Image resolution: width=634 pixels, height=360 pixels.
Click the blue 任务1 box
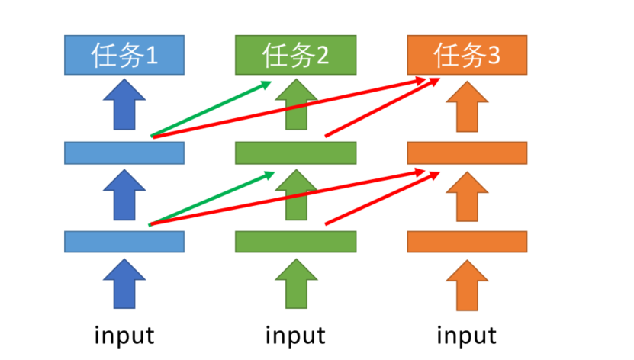click(124, 55)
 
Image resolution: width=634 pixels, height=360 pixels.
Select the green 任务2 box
click(295, 55)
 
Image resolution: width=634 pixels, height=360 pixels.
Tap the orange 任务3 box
click(467, 55)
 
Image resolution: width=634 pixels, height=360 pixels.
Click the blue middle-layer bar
click(124, 153)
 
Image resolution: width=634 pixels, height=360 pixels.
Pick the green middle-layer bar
click(295, 153)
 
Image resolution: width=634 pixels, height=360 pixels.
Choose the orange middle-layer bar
click(467, 153)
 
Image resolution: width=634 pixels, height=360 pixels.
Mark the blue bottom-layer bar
click(124, 241)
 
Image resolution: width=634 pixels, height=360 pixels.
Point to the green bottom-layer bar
click(295, 241)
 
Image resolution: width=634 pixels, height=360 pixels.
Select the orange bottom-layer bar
click(467, 241)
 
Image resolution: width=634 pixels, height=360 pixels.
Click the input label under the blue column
click(124, 334)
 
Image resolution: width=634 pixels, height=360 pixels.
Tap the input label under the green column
click(295, 334)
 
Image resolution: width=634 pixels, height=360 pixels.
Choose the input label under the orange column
click(467, 334)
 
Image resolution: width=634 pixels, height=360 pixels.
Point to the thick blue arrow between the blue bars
click(124, 195)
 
